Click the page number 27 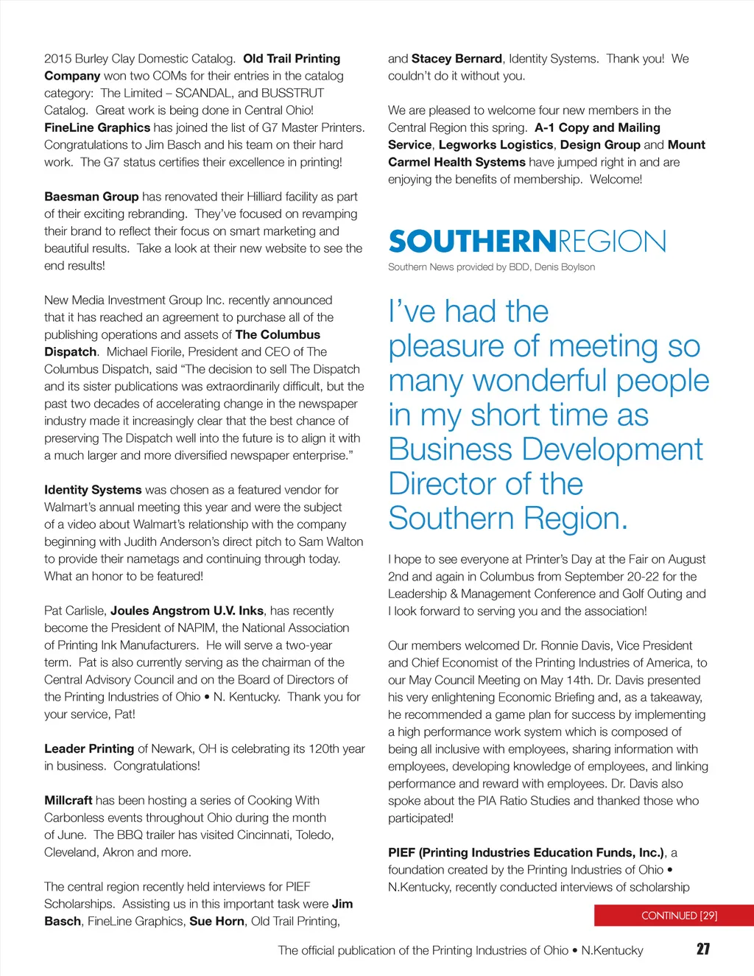coord(702,949)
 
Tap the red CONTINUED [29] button coord(679,916)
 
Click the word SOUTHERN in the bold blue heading coord(472,242)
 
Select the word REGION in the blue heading coord(612,242)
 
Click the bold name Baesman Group coord(91,197)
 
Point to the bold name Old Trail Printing coord(292,59)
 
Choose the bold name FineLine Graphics coord(97,127)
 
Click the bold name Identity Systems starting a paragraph coord(93,490)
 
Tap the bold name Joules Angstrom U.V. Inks coord(187,611)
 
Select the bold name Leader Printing coord(89,748)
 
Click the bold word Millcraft coord(68,800)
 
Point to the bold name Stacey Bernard coord(457,59)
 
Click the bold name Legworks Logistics coord(496,145)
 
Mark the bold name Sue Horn coord(216,921)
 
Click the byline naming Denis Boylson coord(491,267)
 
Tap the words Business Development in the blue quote coord(546,449)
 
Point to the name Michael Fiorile coord(145,352)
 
